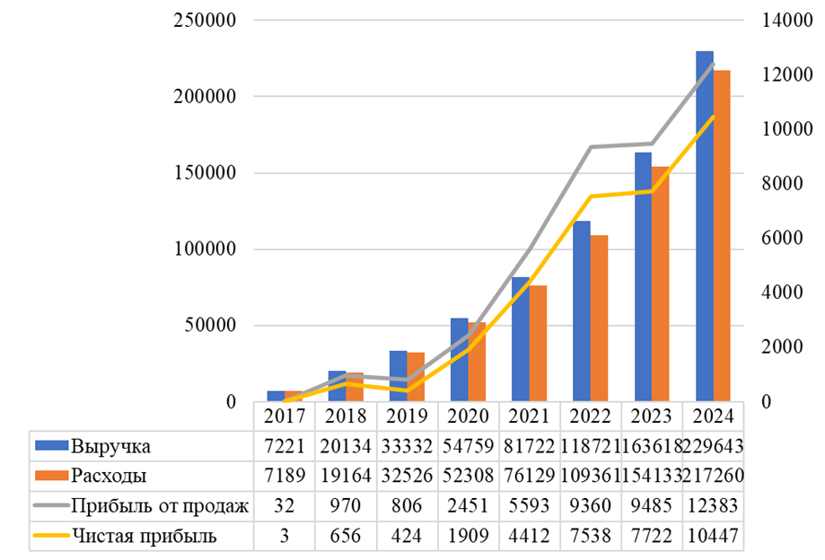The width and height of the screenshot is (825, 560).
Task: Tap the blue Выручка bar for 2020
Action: (x=459, y=359)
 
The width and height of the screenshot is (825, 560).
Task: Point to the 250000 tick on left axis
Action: (x=204, y=21)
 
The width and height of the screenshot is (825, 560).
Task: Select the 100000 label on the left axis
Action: (x=204, y=249)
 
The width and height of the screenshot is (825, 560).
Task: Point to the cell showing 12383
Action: (x=713, y=506)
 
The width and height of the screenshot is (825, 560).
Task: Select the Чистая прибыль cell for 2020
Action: (x=468, y=536)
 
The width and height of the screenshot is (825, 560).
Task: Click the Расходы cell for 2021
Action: (x=529, y=476)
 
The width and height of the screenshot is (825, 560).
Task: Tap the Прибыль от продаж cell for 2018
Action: (x=346, y=506)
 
